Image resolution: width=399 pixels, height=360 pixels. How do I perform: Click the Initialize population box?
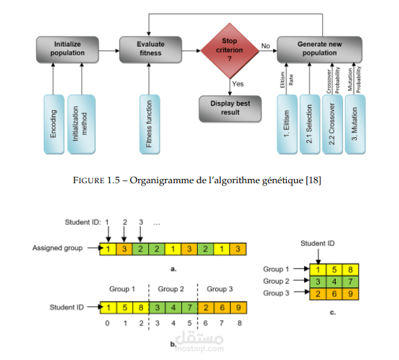pos(68,50)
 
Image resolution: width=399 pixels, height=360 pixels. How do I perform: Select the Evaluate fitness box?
pos(151,50)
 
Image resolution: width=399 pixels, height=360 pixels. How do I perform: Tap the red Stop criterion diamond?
pos(230,50)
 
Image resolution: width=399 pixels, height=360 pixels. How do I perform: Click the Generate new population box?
pos(319,50)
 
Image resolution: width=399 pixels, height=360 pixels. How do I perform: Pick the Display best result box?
pos(230,109)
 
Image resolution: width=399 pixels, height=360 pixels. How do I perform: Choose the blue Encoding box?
pos(54,124)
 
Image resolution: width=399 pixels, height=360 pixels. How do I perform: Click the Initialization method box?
pos(81,124)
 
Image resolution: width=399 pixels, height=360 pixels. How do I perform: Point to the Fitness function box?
pos(150,124)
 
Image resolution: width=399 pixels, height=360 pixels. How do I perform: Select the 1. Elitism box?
pos(287,124)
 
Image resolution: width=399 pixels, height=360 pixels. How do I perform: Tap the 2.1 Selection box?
pos(310,124)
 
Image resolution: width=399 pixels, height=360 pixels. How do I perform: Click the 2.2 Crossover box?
pos(332,124)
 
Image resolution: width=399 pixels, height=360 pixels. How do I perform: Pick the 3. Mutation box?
pos(355,124)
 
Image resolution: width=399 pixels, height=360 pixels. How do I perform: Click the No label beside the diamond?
pos(265,46)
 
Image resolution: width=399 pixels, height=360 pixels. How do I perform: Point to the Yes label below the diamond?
pos(238,84)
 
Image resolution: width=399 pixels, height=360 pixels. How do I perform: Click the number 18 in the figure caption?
pos(313,180)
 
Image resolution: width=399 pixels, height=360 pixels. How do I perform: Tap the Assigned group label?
pos(58,248)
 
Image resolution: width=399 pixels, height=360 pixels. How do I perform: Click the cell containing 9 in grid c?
pos(350,294)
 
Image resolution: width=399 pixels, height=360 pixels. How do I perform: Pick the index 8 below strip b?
pos(239,323)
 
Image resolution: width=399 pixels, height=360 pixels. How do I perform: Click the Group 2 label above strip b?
pos(171,289)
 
